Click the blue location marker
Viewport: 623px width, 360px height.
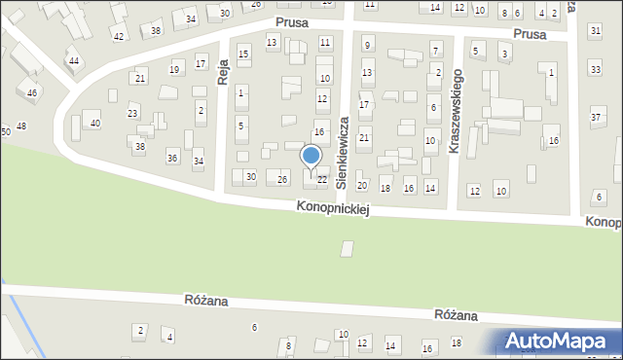coord(311,157)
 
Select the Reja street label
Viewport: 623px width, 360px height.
coord(223,71)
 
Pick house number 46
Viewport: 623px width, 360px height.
coord(32,92)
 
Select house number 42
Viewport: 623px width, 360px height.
coord(118,36)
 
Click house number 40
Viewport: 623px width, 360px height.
coord(94,123)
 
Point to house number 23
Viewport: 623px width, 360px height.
coord(132,114)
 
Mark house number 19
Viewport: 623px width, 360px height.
coord(174,69)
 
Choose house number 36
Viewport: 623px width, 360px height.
coord(172,158)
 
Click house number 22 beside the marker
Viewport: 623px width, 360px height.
coord(321,179)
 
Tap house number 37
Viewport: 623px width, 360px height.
coord(596,118)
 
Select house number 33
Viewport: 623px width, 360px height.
coord(596,69)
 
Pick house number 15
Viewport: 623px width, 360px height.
coord(243,53)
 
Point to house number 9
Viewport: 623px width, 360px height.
coord(367,45)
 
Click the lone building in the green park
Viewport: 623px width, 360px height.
coord(348,249)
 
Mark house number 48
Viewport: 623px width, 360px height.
coord(21,126)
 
